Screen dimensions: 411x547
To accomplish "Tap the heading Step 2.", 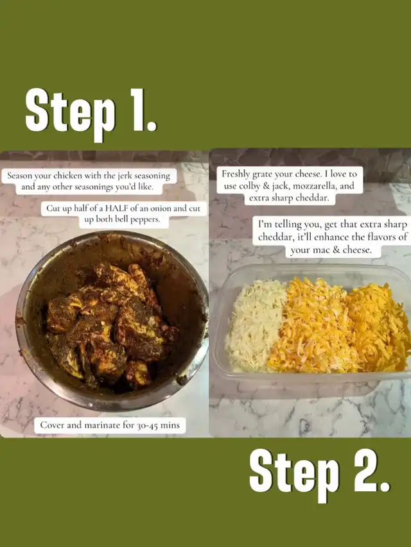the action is point(319,473).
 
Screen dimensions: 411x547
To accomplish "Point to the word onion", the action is point(161,208).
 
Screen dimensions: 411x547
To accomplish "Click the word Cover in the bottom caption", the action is point(53,425).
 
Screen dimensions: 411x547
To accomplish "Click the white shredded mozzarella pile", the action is point(254,326).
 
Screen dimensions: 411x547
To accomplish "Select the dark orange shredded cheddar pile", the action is point(378,326).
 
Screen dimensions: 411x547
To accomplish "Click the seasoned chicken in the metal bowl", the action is point(110,324).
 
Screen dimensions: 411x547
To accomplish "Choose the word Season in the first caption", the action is point(20,176).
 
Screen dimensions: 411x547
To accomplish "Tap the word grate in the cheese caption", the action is point(261,174).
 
